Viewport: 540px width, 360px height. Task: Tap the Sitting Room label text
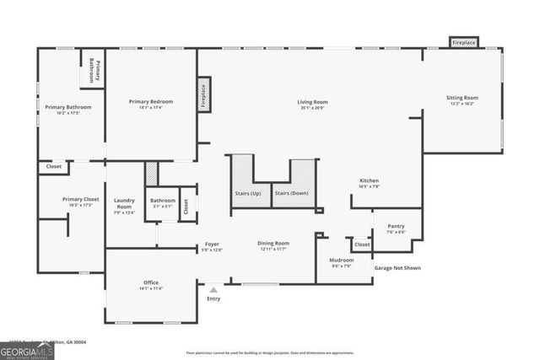(462, 98)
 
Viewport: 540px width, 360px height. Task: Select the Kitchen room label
(369, 180)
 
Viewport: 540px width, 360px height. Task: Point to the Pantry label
(395, 226)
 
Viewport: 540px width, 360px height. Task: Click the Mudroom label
(341, 260)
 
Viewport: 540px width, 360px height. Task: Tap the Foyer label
(212, 244)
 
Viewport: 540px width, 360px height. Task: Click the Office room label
(151, 282)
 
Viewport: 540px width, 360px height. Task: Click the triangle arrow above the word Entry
(213, 289)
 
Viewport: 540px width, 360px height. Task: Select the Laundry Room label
(124, 203)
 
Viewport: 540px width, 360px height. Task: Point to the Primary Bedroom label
(151, 102)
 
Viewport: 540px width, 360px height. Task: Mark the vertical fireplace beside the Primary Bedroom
(202, 95)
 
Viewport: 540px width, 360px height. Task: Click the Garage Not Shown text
(397, 268)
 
